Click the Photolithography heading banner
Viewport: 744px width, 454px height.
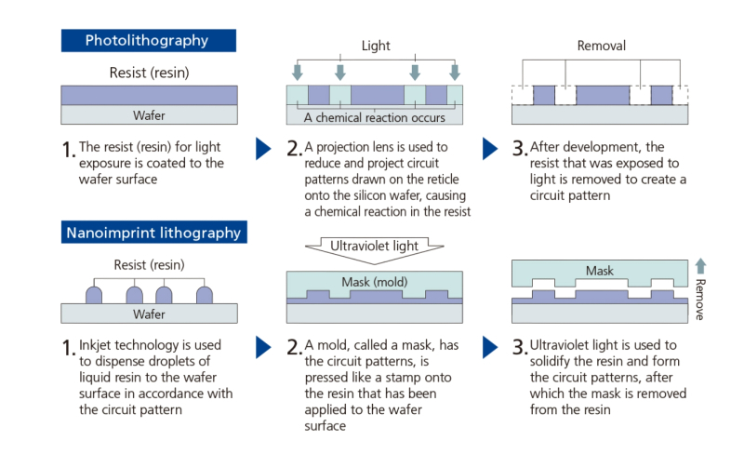[x=147, y=40]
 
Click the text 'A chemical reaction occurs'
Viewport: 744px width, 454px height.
[x=375, y=117]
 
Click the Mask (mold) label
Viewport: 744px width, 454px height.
[x=375, y=282]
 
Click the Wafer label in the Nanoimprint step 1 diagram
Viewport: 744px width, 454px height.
[x=147, y=314]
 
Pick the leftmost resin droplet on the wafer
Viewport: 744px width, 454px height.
[x=94, y=295]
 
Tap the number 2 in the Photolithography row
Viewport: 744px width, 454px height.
[x=294, y=149]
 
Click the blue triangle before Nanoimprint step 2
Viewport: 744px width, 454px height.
[x=264, y=347]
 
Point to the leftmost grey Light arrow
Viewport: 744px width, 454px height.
[x=297, y=72]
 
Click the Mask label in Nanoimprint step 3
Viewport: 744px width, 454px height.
[x=600, y=272]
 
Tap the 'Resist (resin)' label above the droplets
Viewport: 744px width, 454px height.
[x=147, y=265]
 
